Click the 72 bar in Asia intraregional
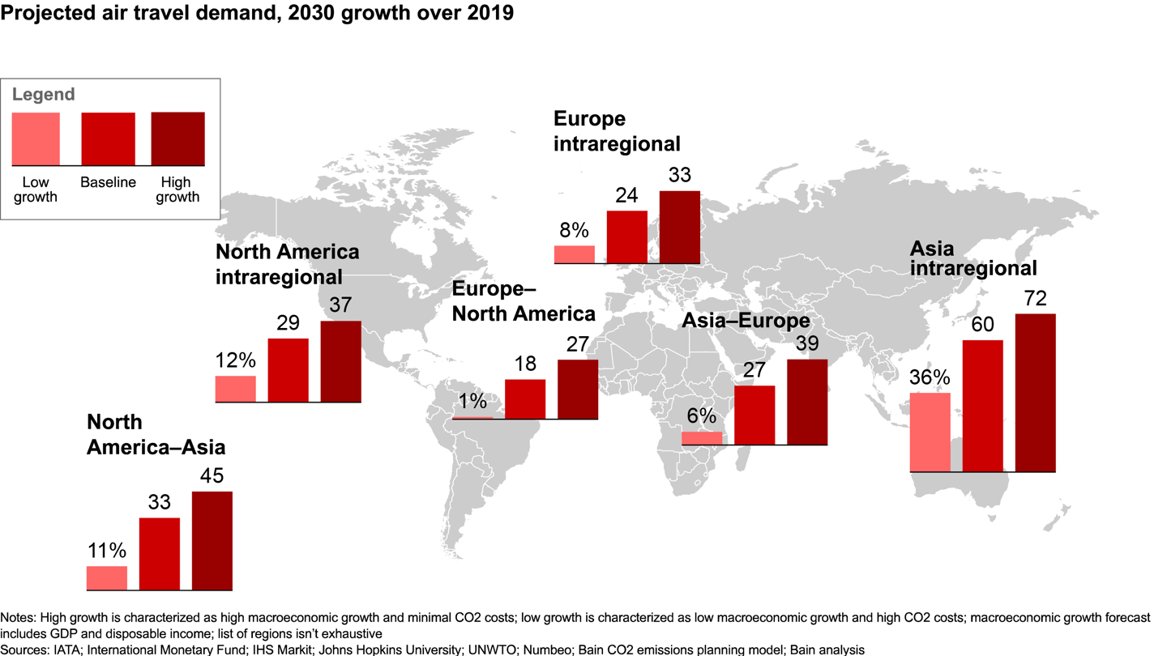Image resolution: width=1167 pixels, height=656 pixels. tap(1035, 393)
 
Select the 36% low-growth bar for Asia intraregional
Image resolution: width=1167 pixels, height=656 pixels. tap(930, 432)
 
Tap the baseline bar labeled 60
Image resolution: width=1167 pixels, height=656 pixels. tap(982, 406)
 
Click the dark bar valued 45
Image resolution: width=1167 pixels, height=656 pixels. tap(212, 540)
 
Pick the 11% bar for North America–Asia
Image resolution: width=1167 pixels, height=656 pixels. tap(107, 577)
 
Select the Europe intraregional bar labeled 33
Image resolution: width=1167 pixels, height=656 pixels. tap(679, 228)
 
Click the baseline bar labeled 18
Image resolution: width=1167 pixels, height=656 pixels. tap(525, 399)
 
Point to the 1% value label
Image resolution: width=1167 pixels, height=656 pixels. tap(472, 402)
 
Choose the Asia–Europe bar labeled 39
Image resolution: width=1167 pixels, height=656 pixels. tap(807, 402)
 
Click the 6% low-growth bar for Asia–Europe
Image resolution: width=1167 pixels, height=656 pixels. tap(702, 438)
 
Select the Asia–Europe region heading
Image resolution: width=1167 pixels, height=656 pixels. tap(746, 321)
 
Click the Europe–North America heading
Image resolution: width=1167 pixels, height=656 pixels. tap(523, 301)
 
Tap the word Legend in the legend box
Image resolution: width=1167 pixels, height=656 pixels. tap(43, 94)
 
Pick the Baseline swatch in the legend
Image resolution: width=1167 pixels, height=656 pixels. tap(108, 139)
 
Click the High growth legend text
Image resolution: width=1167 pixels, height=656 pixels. tap(177, 189)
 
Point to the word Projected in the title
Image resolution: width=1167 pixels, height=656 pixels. tap(45, 14)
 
